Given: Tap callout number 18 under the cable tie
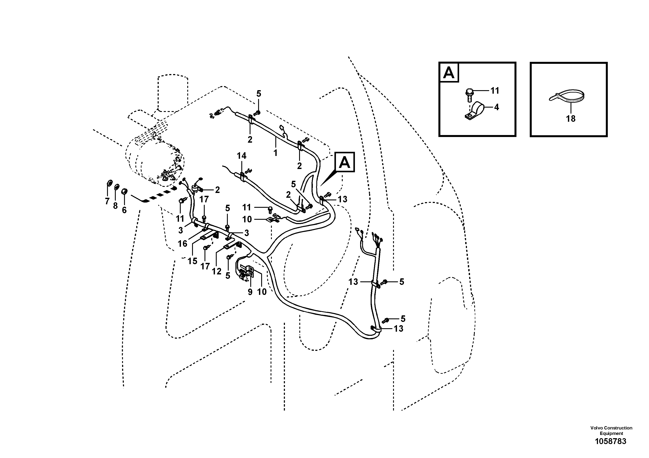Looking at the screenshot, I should coord(571,119).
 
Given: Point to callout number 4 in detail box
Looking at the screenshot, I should coord(496,107).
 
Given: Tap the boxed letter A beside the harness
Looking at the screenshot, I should coord(344,162).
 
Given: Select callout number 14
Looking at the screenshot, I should coord(241,155).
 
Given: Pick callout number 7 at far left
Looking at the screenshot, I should coord(107,201).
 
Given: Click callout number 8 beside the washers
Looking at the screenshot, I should coord(115,206).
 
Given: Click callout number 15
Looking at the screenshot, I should coord(192,261).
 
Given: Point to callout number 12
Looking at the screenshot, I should coord(216,271).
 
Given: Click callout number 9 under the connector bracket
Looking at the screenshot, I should coord(250,292).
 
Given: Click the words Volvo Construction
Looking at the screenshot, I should coord(611,428).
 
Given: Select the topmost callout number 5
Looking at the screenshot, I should coord(259,93).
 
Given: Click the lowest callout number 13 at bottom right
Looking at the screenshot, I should coord(399,328).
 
